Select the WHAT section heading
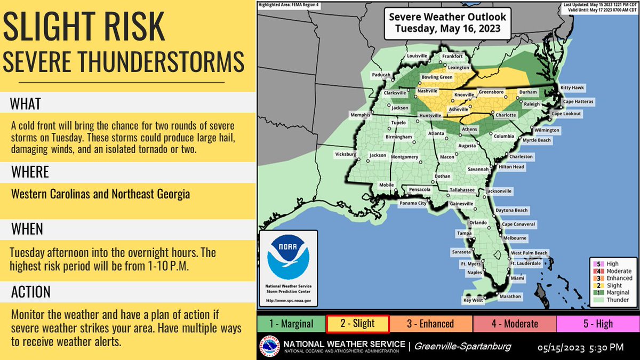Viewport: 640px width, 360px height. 26,103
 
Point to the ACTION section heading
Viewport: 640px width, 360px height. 30,292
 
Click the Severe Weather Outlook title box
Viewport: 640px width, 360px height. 447,22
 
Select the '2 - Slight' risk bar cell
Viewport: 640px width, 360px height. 358,324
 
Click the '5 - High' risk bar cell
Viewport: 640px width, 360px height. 597,324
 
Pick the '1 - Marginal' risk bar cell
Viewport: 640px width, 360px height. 291,324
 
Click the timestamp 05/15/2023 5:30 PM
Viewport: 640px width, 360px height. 580,347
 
